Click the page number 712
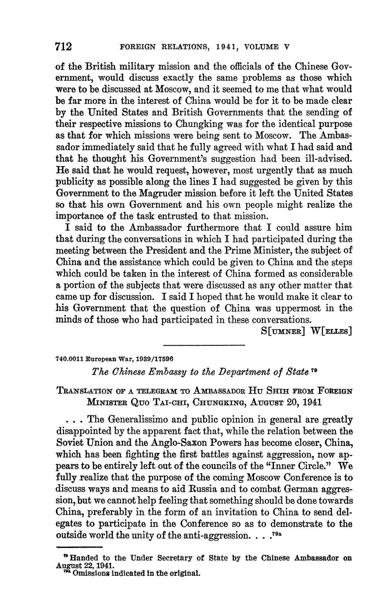pyautogui.click(x=64, y=46)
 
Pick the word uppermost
pyautogui.click(x=309, y=308)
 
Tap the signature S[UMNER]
pyautogui.click(x=283, y=331)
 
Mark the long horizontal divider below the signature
pyautogui.click(x=204, y=345)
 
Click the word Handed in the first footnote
pyautogui.click(x=80, y=558)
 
